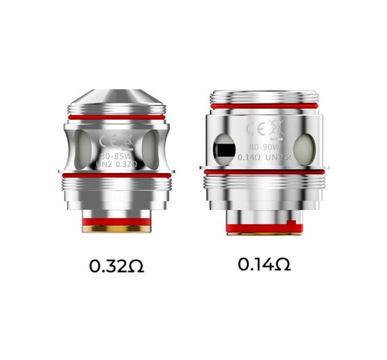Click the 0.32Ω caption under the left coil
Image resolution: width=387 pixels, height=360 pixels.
(x=117, y=265)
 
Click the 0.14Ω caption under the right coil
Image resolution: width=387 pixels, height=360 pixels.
(x=264, y=264)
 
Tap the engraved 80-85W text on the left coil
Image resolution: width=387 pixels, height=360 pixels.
(x=115, y=154)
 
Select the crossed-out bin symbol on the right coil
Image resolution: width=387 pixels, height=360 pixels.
(x=273, y=128)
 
